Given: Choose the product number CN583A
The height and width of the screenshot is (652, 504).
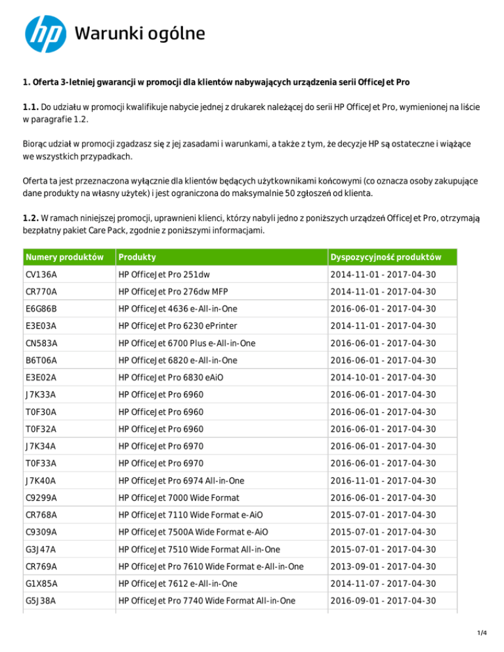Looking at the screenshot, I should point(41,343).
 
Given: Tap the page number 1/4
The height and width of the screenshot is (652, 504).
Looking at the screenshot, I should point(484,633).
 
